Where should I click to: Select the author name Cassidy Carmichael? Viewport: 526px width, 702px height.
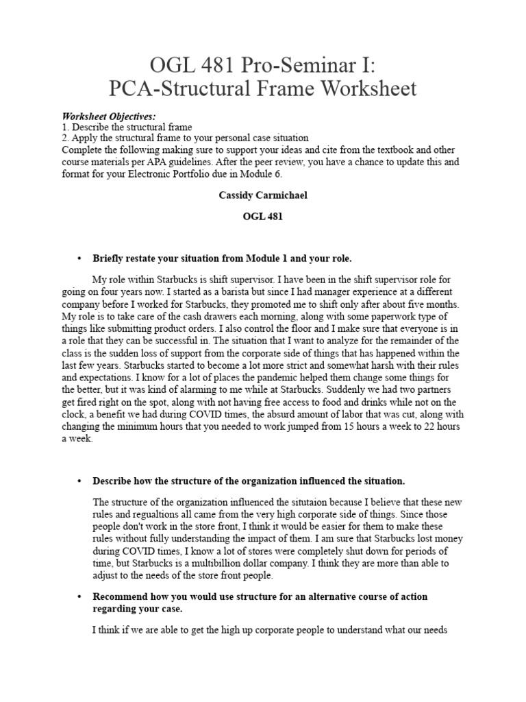[x=262, y=195]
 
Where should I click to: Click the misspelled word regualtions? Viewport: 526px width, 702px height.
[x=145, y=513]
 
